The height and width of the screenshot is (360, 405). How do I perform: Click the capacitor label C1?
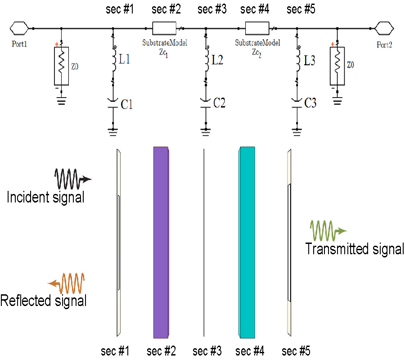tap(126, 104)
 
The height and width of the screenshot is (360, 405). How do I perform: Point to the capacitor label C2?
tap(220, 103)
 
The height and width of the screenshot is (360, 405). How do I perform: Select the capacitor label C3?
tap(310, 103)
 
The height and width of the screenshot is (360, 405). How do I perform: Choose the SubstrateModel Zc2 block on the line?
tap(257, 28)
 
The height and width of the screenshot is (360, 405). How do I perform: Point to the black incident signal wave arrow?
tap(72, 179)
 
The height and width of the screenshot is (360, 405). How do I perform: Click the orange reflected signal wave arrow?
tap(67, 283)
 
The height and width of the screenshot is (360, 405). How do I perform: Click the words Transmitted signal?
tap(355, 249)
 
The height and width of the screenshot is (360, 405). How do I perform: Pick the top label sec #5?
tap(301, 9)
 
